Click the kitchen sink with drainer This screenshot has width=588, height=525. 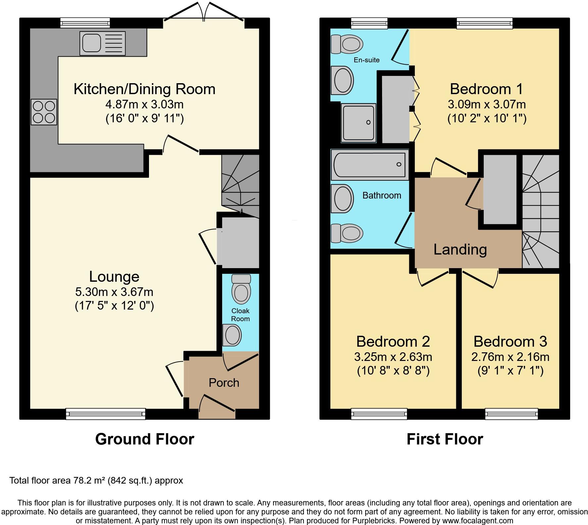click(102, 43)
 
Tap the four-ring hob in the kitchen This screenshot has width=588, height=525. click(44, 112)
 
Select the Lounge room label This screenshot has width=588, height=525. click(114, 277)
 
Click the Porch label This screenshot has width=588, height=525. click(224, 383)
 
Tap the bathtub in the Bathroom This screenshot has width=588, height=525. click(369, 165)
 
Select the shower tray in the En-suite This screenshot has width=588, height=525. click(359, 123)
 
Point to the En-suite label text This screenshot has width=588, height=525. click(367, 60)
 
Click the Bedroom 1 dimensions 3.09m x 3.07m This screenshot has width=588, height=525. click(487, 105)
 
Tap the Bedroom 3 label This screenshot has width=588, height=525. click(510, 341)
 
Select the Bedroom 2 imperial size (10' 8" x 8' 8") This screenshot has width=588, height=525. click(393, 371)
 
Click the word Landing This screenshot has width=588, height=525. click(460, 249)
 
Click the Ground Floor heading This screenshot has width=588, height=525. click(145, 439)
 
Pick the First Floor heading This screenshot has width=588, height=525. click(445, 439)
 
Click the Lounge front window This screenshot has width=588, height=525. click(106, 414)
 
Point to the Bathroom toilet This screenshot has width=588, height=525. click(347, 233)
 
